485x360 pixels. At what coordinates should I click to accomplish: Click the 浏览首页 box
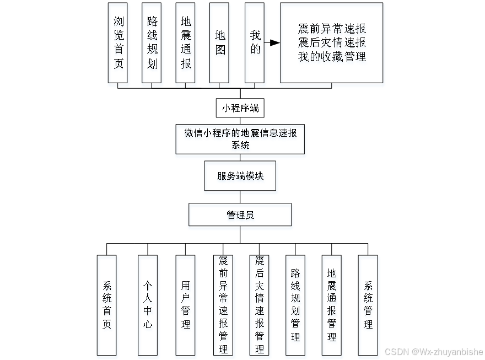pos(118,42)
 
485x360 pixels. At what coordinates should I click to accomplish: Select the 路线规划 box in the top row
pos(152,42)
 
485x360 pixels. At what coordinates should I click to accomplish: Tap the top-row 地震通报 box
pos(186,42)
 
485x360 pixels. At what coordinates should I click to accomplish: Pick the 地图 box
pos(219,42)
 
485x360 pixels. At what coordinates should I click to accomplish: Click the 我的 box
pos(255,42)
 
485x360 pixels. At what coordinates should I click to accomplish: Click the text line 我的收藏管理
pos(331,57)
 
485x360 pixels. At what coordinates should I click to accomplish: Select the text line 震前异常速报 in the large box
pos(331,29)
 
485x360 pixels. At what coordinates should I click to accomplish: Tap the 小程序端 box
pos(240,108)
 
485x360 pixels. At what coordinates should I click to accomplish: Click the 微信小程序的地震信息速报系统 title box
pos(240,139)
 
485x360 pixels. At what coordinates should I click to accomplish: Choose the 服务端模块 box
pos(240,176)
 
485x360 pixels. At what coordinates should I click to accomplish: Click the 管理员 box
pos(240,214)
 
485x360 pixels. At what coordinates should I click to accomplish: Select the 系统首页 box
pos(107,305)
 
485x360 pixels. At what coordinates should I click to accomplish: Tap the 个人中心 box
pos(148,305)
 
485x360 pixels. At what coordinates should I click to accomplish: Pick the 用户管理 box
pos(185,305)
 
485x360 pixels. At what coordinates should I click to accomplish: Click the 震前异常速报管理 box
pos(223,305)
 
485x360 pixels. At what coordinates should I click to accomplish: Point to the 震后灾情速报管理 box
pos(259,305)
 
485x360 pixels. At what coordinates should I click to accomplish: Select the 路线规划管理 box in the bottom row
pos(295,305)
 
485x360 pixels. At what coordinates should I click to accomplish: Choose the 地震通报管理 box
pos(331,305)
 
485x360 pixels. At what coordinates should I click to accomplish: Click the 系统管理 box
pos(368,305)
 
